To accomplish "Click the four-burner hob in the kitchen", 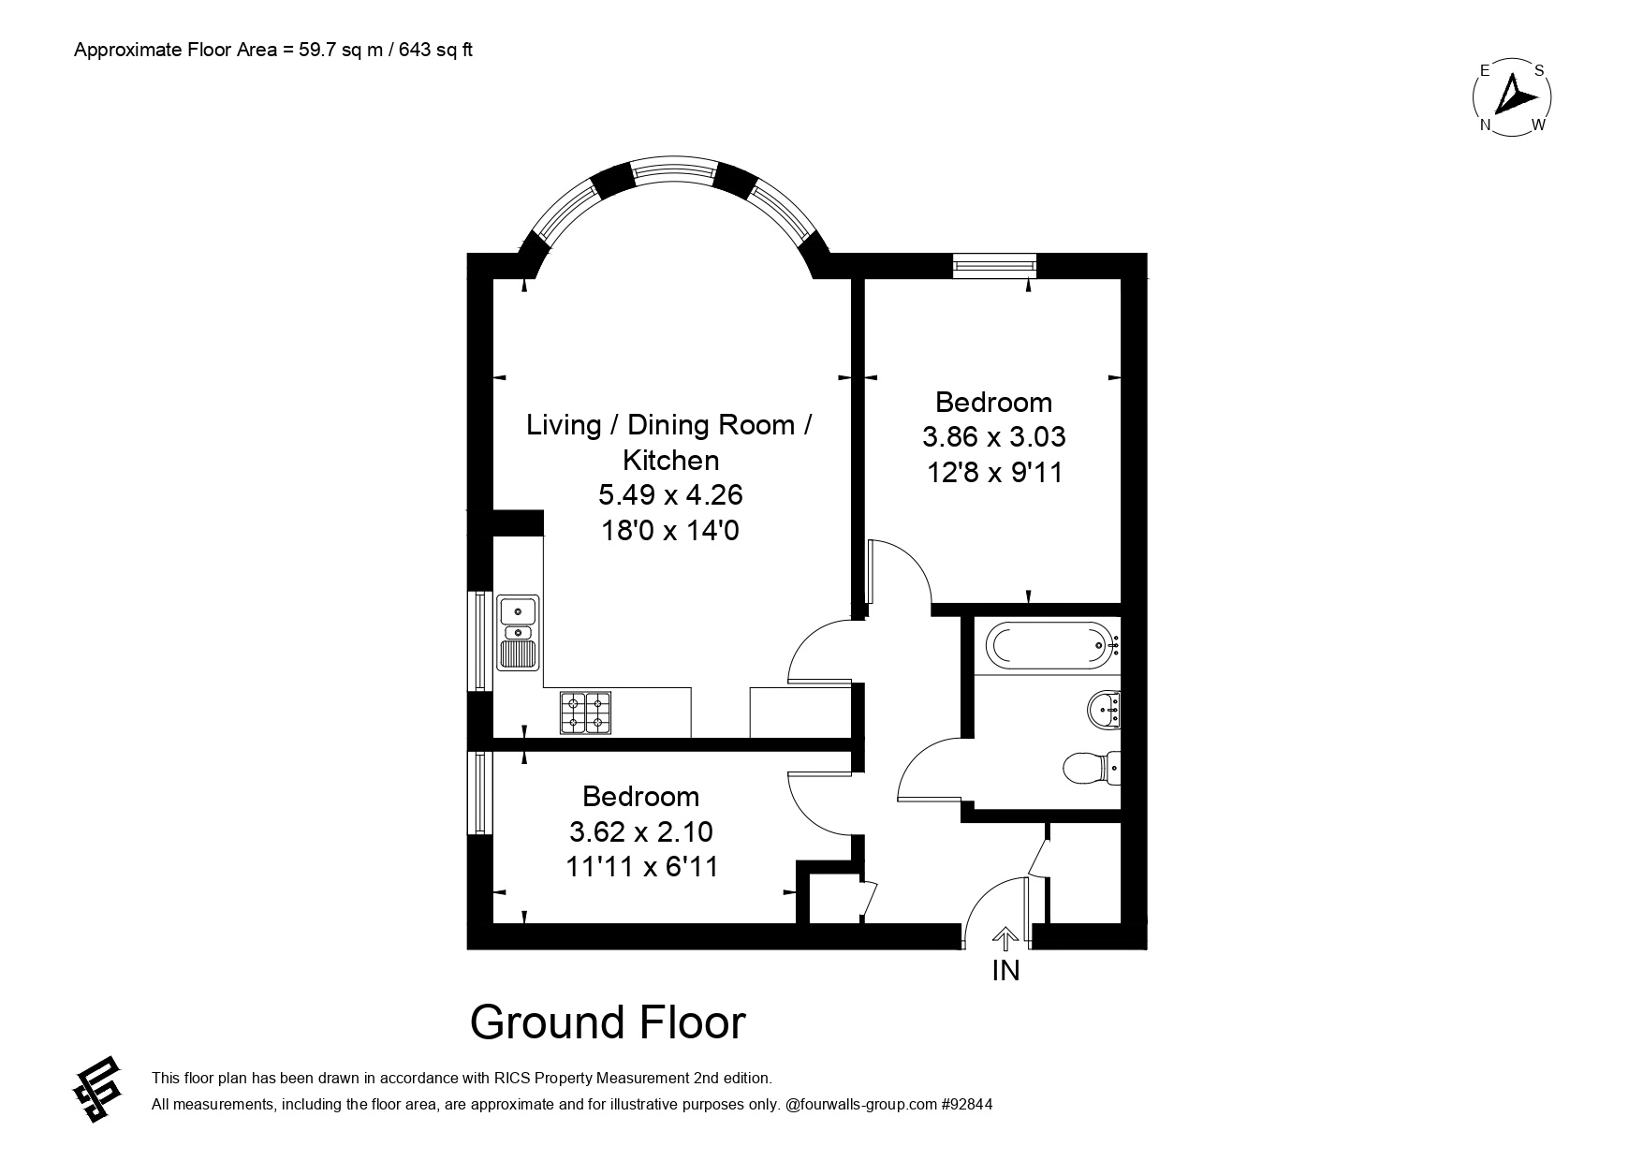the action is [x=585, y=712].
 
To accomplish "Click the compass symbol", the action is [x=1512, y=96].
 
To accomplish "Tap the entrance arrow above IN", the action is [x=1005, y=939].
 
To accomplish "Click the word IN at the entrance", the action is [x=1005, y=971].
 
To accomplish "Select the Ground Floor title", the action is [x=608, y=1022].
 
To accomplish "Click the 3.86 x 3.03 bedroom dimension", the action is [x=994, y=437].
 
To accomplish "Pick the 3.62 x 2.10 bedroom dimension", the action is [x=641, y=831].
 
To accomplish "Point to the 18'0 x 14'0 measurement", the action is [x=669, y=531].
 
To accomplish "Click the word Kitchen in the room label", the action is [x=671, y=460].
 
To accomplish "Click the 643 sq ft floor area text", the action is [x=435, y=51].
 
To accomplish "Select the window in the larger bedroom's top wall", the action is [x=994, y=266].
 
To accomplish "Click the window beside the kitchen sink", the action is [x=480, y=641].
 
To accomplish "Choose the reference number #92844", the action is [x=967, y=1105].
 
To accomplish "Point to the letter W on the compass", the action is [x=1537, y=125].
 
